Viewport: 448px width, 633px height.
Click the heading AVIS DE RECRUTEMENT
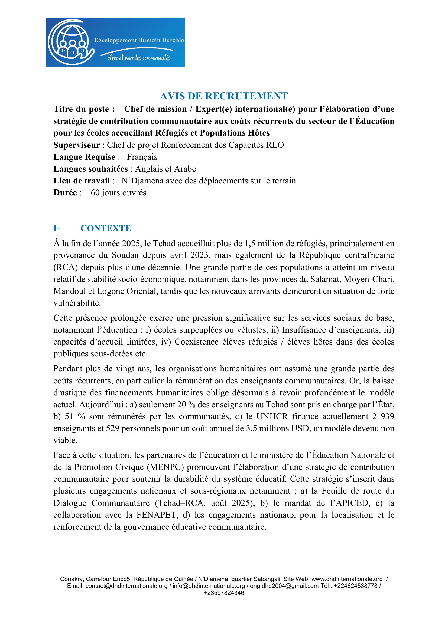tap(224, 96)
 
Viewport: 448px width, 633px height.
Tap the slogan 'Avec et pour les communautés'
tap(139, 58)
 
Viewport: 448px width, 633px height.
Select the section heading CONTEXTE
tap(106, 228)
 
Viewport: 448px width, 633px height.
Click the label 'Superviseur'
tap(76, 145)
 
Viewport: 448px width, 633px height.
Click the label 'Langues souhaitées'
tap(90, 169)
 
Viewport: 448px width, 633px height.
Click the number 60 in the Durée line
tap(95, 193)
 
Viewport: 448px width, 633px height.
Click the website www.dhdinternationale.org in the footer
tap(347, 579)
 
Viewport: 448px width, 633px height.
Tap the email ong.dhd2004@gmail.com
tap(284, 586)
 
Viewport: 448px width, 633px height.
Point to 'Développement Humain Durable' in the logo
tap(139, 40)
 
